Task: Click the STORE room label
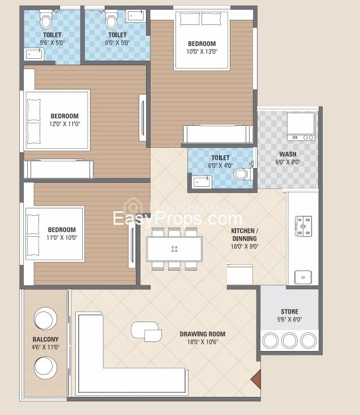(x=289, y=311)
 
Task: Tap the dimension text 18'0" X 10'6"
(x=203, y=342)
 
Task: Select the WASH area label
(x=288, y=154)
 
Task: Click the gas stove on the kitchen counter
(x=303, y=226)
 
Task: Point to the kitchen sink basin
(x=303, y=277)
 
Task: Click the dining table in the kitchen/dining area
(x=174, y=249)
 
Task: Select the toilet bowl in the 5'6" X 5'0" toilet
(x=45, y=20)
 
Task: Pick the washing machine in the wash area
(x=301, y=126)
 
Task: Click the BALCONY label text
(x=45, y=339)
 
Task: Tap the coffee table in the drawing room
(x=146, y=331)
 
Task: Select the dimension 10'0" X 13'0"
(x=202, y=52)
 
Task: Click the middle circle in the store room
(x=289, y=340)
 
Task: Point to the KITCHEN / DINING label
(x=245, y=234)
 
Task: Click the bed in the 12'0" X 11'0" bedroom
(x=57, y=120)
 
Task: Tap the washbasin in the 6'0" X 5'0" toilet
(x=136, y=16)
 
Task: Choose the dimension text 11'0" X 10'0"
(x=62, y=238)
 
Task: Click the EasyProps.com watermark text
(x=178, y=219)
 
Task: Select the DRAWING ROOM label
(x=203, y=334)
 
